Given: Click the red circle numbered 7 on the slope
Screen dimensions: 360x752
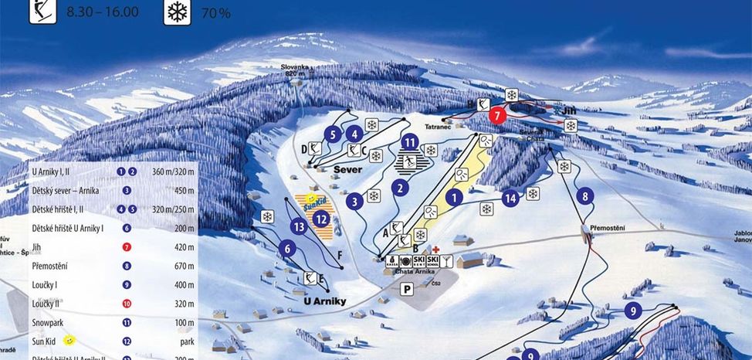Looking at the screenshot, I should pyautogui.click(x=497, y=114).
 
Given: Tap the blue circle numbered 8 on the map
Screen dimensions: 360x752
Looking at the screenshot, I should pyautogui.click(x=585, y=196).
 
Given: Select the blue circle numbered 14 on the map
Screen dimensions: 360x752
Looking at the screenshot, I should pyautogui.click(x=510, y=198).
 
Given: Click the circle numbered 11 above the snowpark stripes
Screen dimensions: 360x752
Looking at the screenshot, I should pyautogui.click(x=410, y=141).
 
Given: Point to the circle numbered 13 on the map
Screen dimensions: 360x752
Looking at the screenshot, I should pyautogui.click(x=300, y=226).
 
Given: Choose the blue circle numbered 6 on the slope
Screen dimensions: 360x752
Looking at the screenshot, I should pyautogui.click(x=287, y=248).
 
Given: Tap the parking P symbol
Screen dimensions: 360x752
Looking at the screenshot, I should pyautogui.click(x=405, y=288).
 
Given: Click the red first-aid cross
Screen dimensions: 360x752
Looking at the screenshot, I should pyautogui.click(x=436, y=250).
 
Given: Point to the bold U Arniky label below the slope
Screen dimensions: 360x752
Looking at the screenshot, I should pyautogui.click(x=325, y=301).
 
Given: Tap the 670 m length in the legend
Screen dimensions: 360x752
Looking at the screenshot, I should pyautogui.click(x=185, y=266).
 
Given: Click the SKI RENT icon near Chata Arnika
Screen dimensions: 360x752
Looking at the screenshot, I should pyautogui.click(x=419, y=261).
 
